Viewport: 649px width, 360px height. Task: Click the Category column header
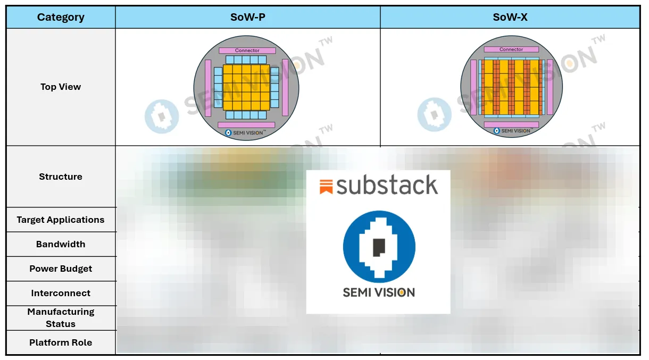(61, 18)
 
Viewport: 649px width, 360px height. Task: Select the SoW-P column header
(248, 18)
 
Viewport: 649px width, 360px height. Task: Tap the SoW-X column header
(510, 18)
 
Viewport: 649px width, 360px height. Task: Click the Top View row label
(61, 87)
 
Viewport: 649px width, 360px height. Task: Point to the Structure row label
(61, 177)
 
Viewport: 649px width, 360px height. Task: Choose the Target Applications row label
(61, 220)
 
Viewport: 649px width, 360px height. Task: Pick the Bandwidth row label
(61, 244)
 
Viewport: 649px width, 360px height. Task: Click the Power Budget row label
(61, 269)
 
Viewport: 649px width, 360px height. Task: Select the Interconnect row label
(61, 293)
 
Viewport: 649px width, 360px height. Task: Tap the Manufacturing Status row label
(61, 318)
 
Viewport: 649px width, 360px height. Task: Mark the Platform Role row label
(61, 342)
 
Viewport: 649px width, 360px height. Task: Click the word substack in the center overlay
(387, 186)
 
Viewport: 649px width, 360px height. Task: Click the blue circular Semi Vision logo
(379, 247)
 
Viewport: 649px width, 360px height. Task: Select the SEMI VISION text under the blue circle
(379, 292)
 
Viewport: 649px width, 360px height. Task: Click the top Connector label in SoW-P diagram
(247, 51)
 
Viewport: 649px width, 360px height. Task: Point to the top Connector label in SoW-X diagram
(511, 49)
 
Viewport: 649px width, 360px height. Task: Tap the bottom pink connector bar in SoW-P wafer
(246, 125)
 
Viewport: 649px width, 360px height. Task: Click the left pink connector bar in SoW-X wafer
(473, 87)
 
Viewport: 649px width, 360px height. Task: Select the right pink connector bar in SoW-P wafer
(285, 87)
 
